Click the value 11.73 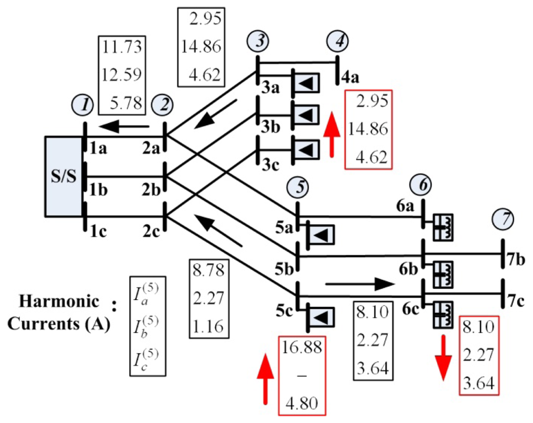click(x=122, y=48)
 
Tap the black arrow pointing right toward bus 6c click(x=359, y=284)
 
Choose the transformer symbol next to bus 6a click(x=443, y=227)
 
